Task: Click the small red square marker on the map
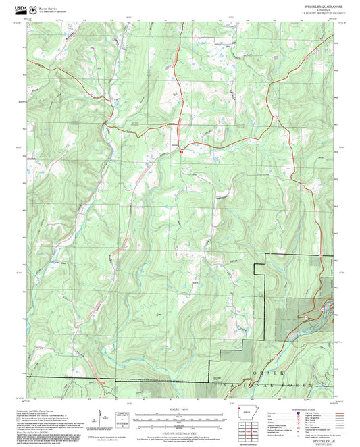[182, 152]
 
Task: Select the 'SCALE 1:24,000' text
[180, 410]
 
